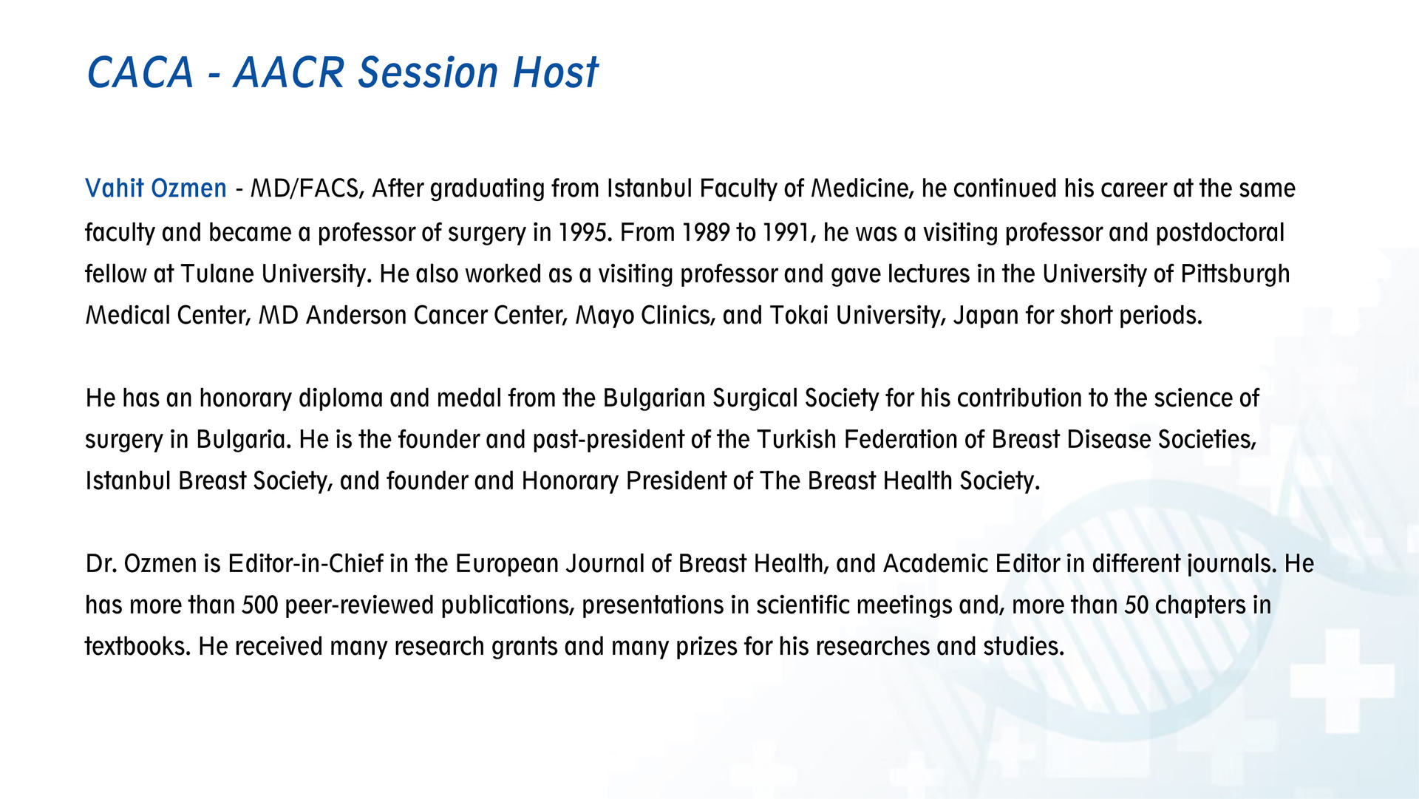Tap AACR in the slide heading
(x=290, y=72)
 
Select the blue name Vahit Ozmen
(x=156, y=188)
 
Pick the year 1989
(x=705, y=233)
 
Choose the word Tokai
(x=799, y=316)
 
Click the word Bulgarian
(x=654, y=398)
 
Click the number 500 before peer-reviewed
(x=260, y=605)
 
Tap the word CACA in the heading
(x=140, y=72)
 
